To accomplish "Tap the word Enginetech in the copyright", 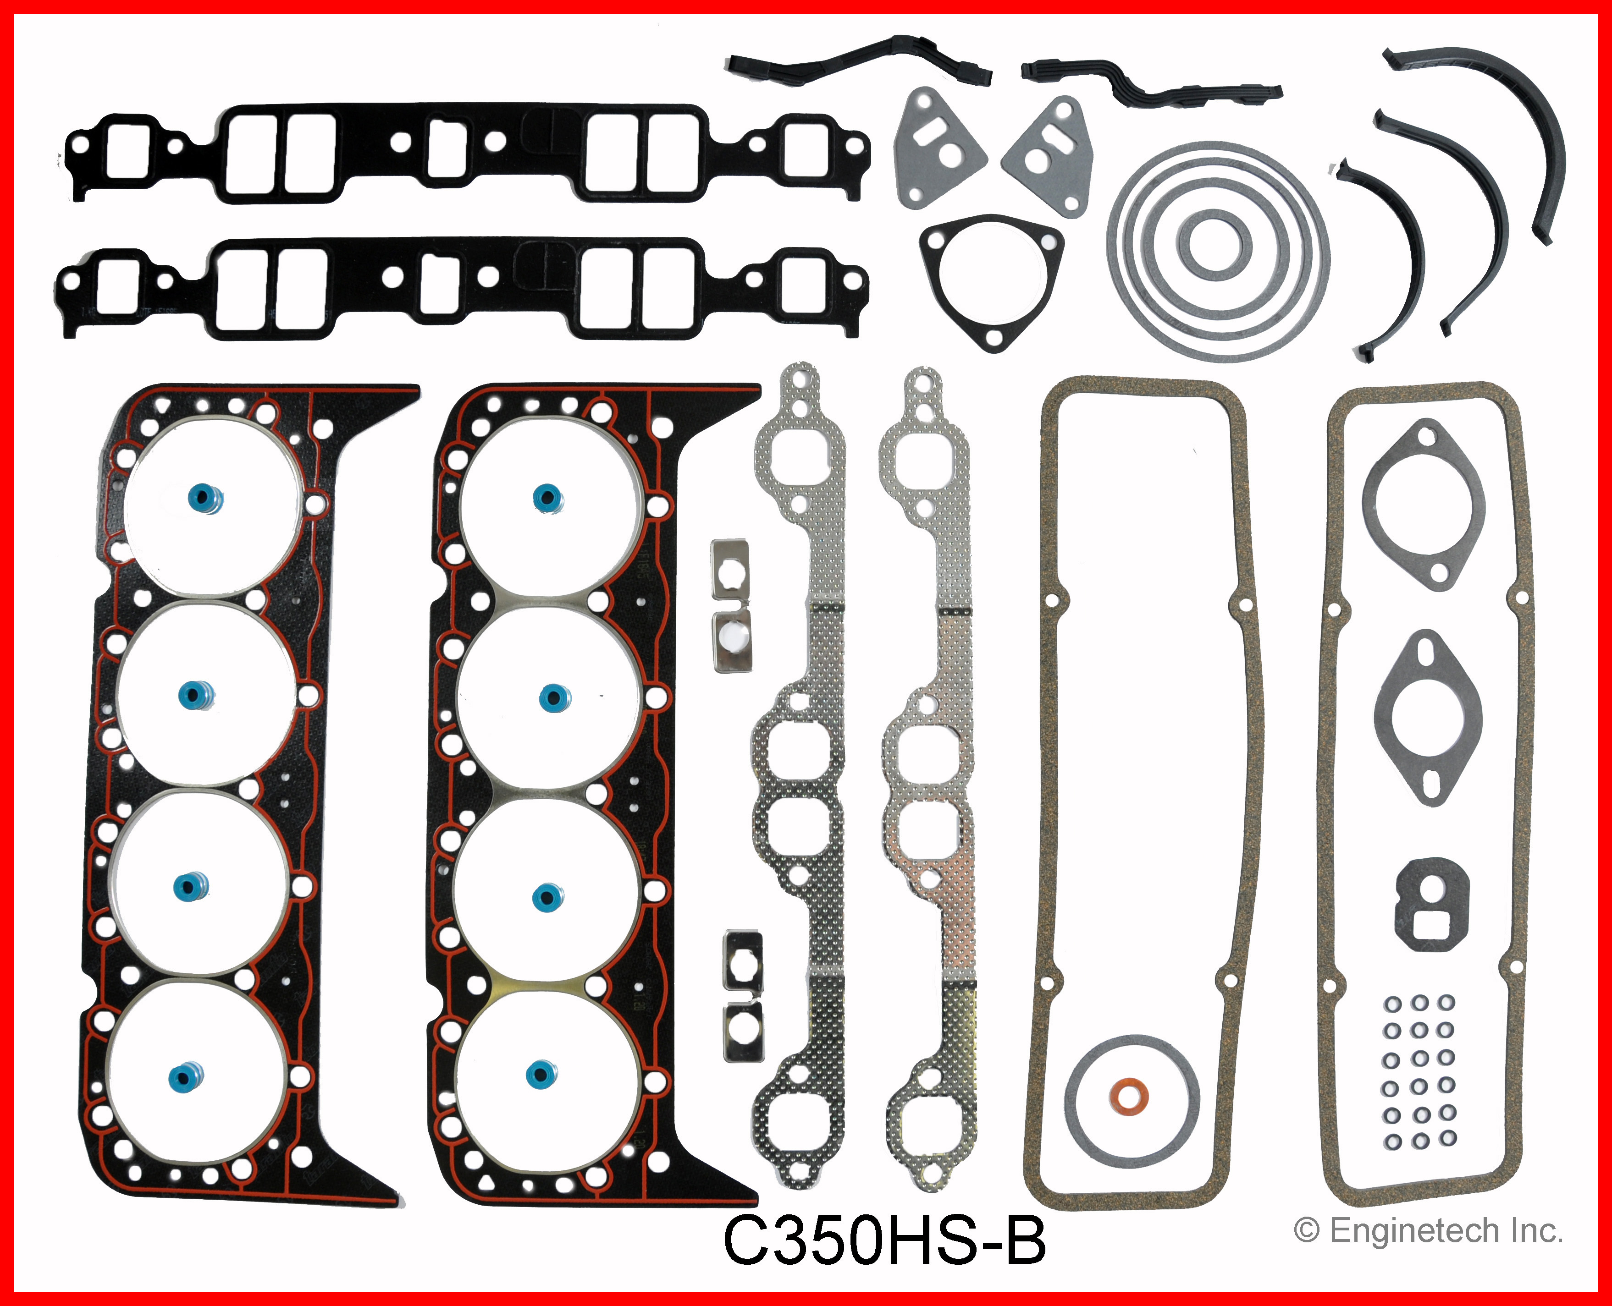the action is point(1414,1231).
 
